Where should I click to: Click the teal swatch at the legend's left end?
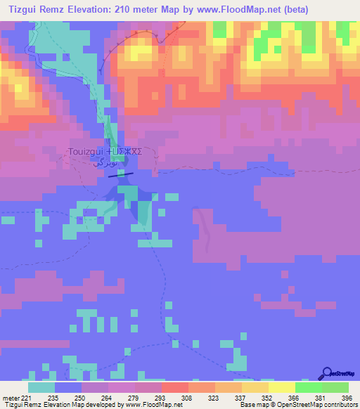click(x=41, y=387)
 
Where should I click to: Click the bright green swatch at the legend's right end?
click(x=335, y=387)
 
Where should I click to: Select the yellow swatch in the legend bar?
click(x=282, y=387)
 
